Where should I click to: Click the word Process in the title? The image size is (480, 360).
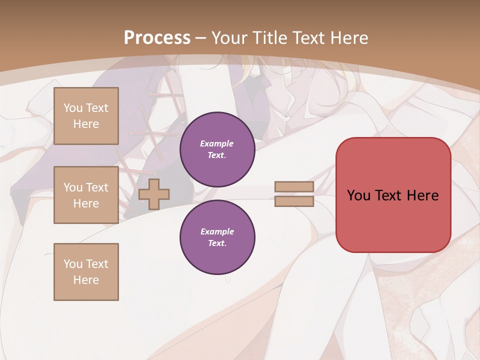click(x=157, y=37)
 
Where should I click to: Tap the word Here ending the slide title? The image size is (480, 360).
click(x=347, y=37)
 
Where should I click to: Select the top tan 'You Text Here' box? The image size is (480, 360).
click(x=86, y=116)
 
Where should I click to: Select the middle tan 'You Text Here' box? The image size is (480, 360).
click(x=86, y=195)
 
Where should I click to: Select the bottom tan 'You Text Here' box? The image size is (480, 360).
click(x=86, y=272)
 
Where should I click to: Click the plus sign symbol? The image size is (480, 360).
click(x=154, y=194)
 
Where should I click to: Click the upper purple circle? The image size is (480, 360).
click(x=217, y=149)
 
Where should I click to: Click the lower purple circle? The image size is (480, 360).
click(x=217, y=237)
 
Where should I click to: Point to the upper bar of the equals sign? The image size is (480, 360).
click(x=294, y=187)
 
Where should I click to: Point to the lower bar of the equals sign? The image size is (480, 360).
click(x=294, y=201)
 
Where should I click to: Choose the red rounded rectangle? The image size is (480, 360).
click(x=393, y=220)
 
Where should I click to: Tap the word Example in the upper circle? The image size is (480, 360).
click(x=216, y=143)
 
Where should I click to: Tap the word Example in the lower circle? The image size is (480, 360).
click(x=217, y=231)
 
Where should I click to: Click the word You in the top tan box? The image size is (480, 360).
click(x=73, y=108)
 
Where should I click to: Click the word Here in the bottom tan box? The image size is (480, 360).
click(x=86, y=280)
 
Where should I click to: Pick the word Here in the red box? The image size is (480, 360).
click(x=423, y=195)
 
